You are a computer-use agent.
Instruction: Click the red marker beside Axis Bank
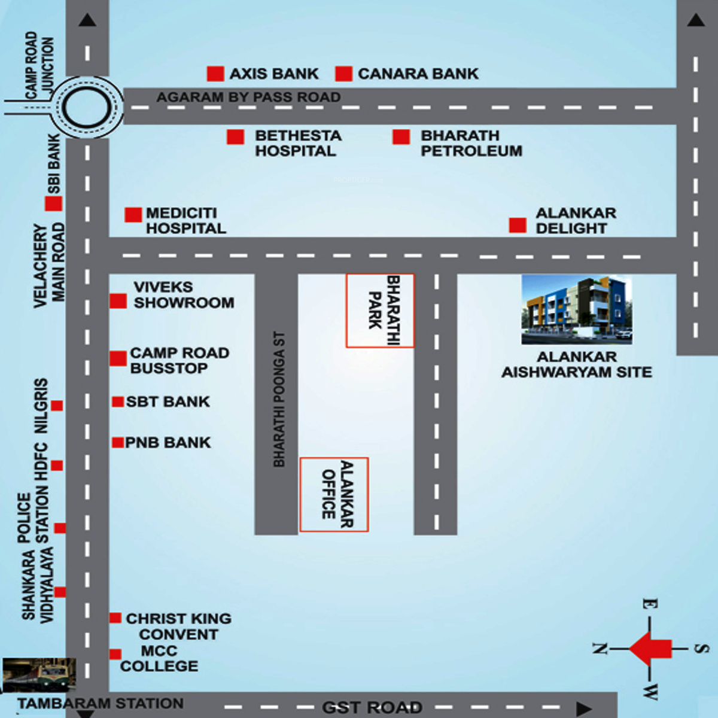click(215, 74)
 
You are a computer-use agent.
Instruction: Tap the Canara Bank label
click(418, 74)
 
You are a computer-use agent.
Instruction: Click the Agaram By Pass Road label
click(248, 97)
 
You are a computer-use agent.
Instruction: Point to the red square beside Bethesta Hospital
click(235, 137)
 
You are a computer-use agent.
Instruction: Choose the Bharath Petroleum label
click(471, 144)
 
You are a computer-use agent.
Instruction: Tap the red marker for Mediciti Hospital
click(133, 215)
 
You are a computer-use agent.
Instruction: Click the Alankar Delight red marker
click(518, 226)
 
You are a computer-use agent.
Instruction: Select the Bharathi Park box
click(380, 311)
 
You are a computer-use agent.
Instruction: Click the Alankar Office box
click(334, 494)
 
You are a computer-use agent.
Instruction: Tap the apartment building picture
click(576, 310)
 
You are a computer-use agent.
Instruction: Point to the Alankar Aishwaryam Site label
click(576, 364)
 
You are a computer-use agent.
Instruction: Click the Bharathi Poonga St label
click(279, 399)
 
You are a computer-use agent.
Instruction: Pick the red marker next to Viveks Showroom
click(118, 301)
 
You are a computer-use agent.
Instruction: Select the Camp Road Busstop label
click(179, 361)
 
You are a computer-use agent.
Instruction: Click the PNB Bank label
click(168, 443)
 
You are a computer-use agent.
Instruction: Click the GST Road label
click(372, 708)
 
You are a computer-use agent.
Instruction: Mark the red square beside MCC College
click(115, 655)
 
